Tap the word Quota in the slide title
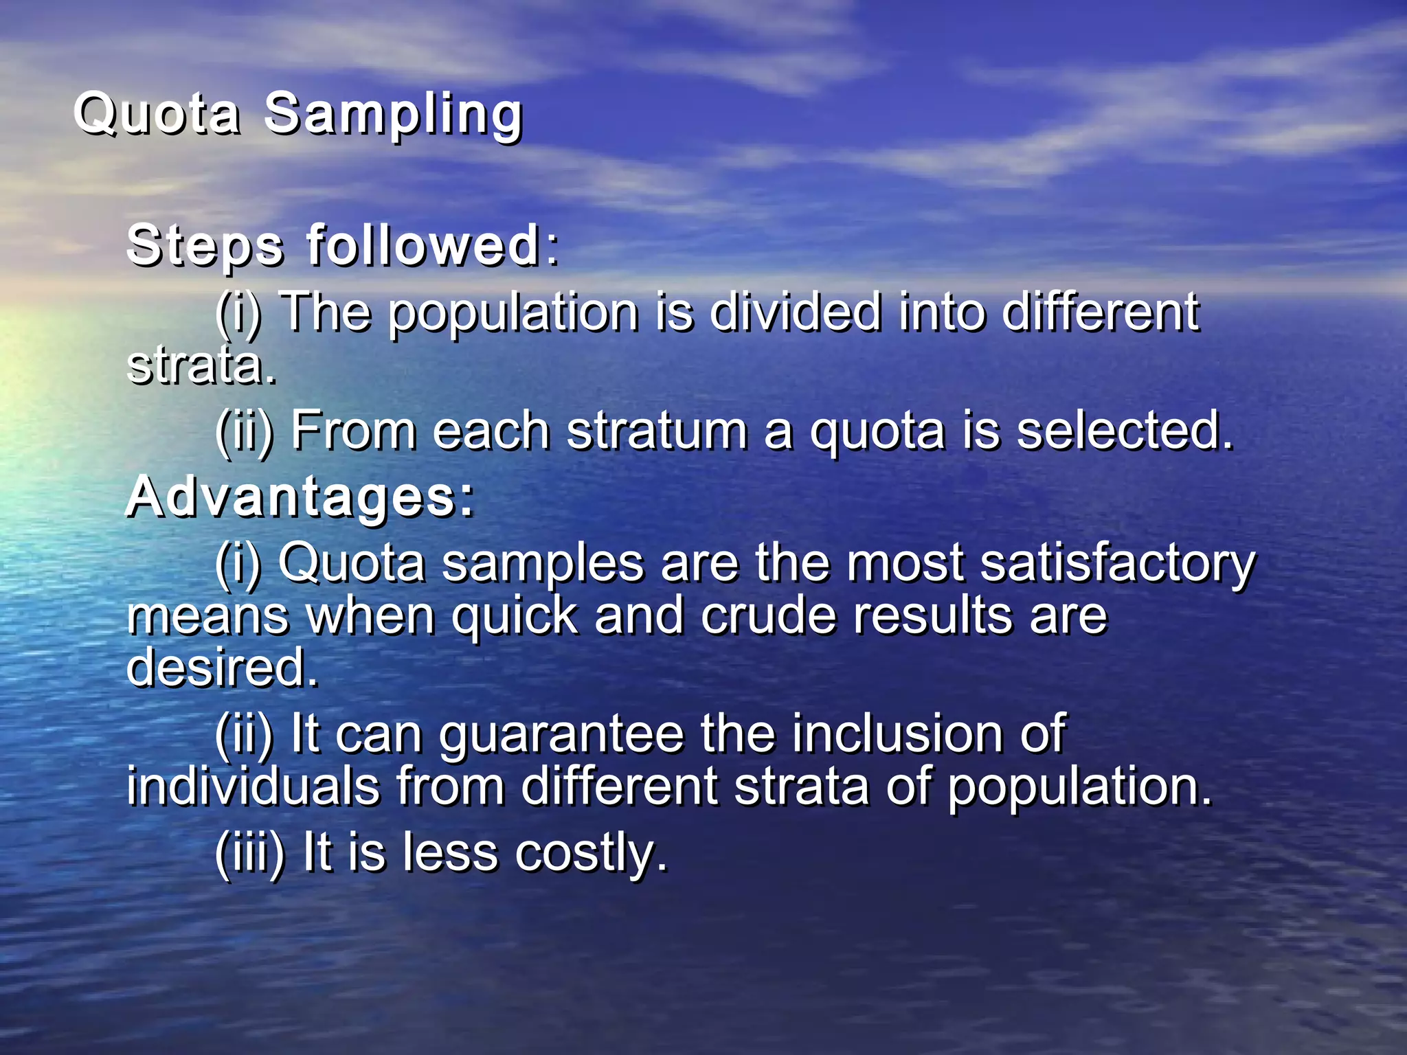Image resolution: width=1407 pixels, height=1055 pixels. point(157,113)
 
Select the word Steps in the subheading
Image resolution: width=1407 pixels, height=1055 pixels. point(205,246)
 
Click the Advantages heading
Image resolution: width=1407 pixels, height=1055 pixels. point(300,497)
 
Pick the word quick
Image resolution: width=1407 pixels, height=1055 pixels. point(515,616)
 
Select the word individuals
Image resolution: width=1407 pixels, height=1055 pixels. point(253,786)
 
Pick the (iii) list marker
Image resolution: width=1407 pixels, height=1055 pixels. point(249,854)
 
